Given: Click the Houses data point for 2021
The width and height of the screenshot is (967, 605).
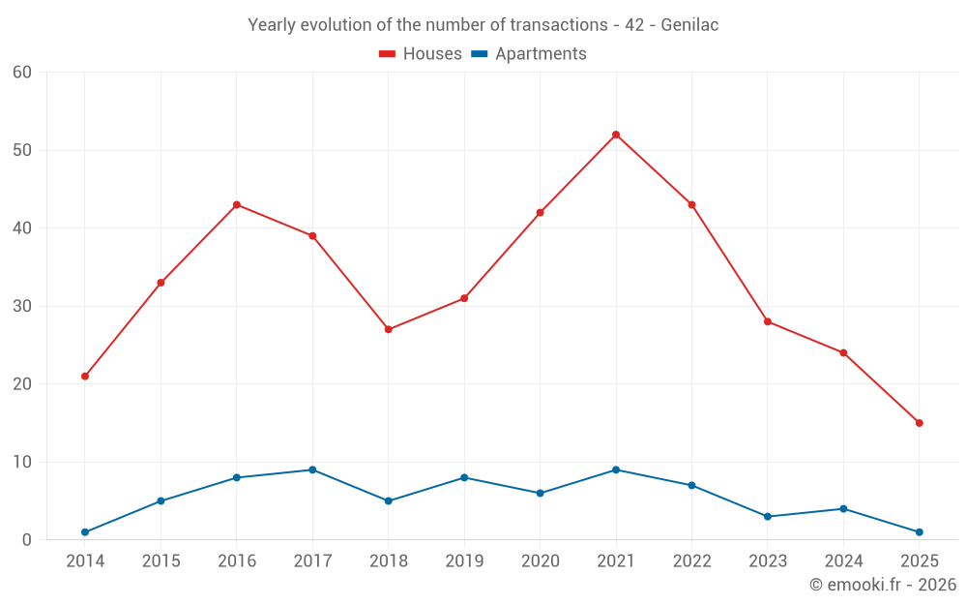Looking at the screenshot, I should pos(616,135).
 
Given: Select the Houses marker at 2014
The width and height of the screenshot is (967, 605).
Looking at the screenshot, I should pos(85,377).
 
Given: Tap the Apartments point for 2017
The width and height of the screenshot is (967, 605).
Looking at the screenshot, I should pos(312,470).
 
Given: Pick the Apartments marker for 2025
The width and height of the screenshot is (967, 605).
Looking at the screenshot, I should pos(920,532).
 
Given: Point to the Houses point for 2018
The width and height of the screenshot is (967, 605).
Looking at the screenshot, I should pos(389,329).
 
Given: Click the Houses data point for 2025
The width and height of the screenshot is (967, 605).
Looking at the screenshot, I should pos(920,423).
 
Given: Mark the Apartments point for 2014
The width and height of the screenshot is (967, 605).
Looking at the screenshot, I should pos(85,532).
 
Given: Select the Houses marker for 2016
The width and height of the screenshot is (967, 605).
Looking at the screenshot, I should pos(237,205).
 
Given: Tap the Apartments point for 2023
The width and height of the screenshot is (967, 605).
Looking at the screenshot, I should pos(768,517).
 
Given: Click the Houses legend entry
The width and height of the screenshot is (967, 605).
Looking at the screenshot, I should pos(421,54).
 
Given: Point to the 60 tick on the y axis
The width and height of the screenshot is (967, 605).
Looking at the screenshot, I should pos(22,73).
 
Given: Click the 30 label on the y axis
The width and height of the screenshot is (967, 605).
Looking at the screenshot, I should pos(22,306).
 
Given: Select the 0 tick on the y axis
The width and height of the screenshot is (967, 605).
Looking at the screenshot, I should pos(27,540).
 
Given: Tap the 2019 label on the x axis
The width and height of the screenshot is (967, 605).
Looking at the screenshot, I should pos(464,561).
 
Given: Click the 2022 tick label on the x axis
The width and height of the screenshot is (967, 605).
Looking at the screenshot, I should pos(691,561).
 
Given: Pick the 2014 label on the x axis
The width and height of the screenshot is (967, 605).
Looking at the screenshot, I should pos(85,561).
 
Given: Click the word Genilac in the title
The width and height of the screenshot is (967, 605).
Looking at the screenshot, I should pos(689,25).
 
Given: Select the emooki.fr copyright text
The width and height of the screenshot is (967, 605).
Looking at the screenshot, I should pos(883,585).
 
